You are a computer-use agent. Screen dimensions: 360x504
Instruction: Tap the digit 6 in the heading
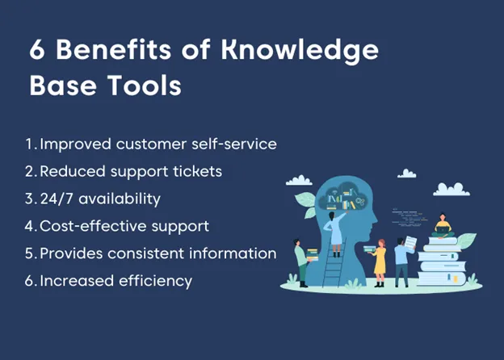38,51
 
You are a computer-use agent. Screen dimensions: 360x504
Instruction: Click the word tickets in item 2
194,171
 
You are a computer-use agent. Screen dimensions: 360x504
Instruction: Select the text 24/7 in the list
58,199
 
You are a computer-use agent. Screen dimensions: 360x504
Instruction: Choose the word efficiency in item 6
153,281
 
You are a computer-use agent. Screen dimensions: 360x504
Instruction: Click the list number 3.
30,199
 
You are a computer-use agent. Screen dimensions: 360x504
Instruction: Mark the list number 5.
30,253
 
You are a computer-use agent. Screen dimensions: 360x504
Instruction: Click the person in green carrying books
300,262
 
